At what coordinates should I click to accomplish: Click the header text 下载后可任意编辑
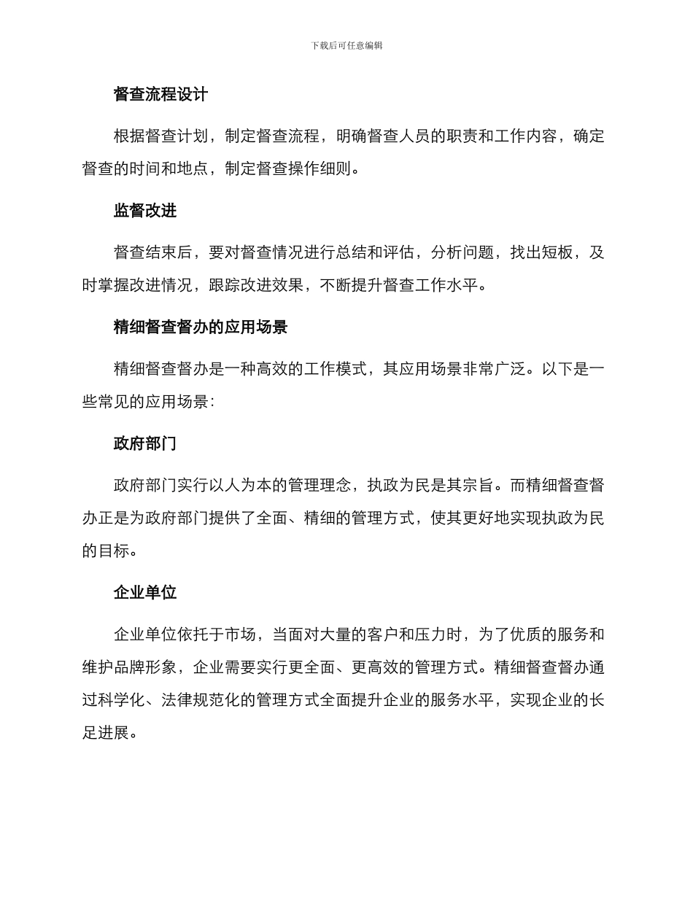click(x=346, y=45)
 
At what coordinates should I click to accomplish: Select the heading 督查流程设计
click(x=160, y=95)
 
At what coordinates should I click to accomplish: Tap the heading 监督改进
click(x=145, y=211)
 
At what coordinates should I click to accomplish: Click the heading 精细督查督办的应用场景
click(x=201, y=327)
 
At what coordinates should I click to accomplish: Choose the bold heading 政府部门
click(x=145, y=444)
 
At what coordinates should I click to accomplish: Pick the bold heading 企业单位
click(x=145, y=592)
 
